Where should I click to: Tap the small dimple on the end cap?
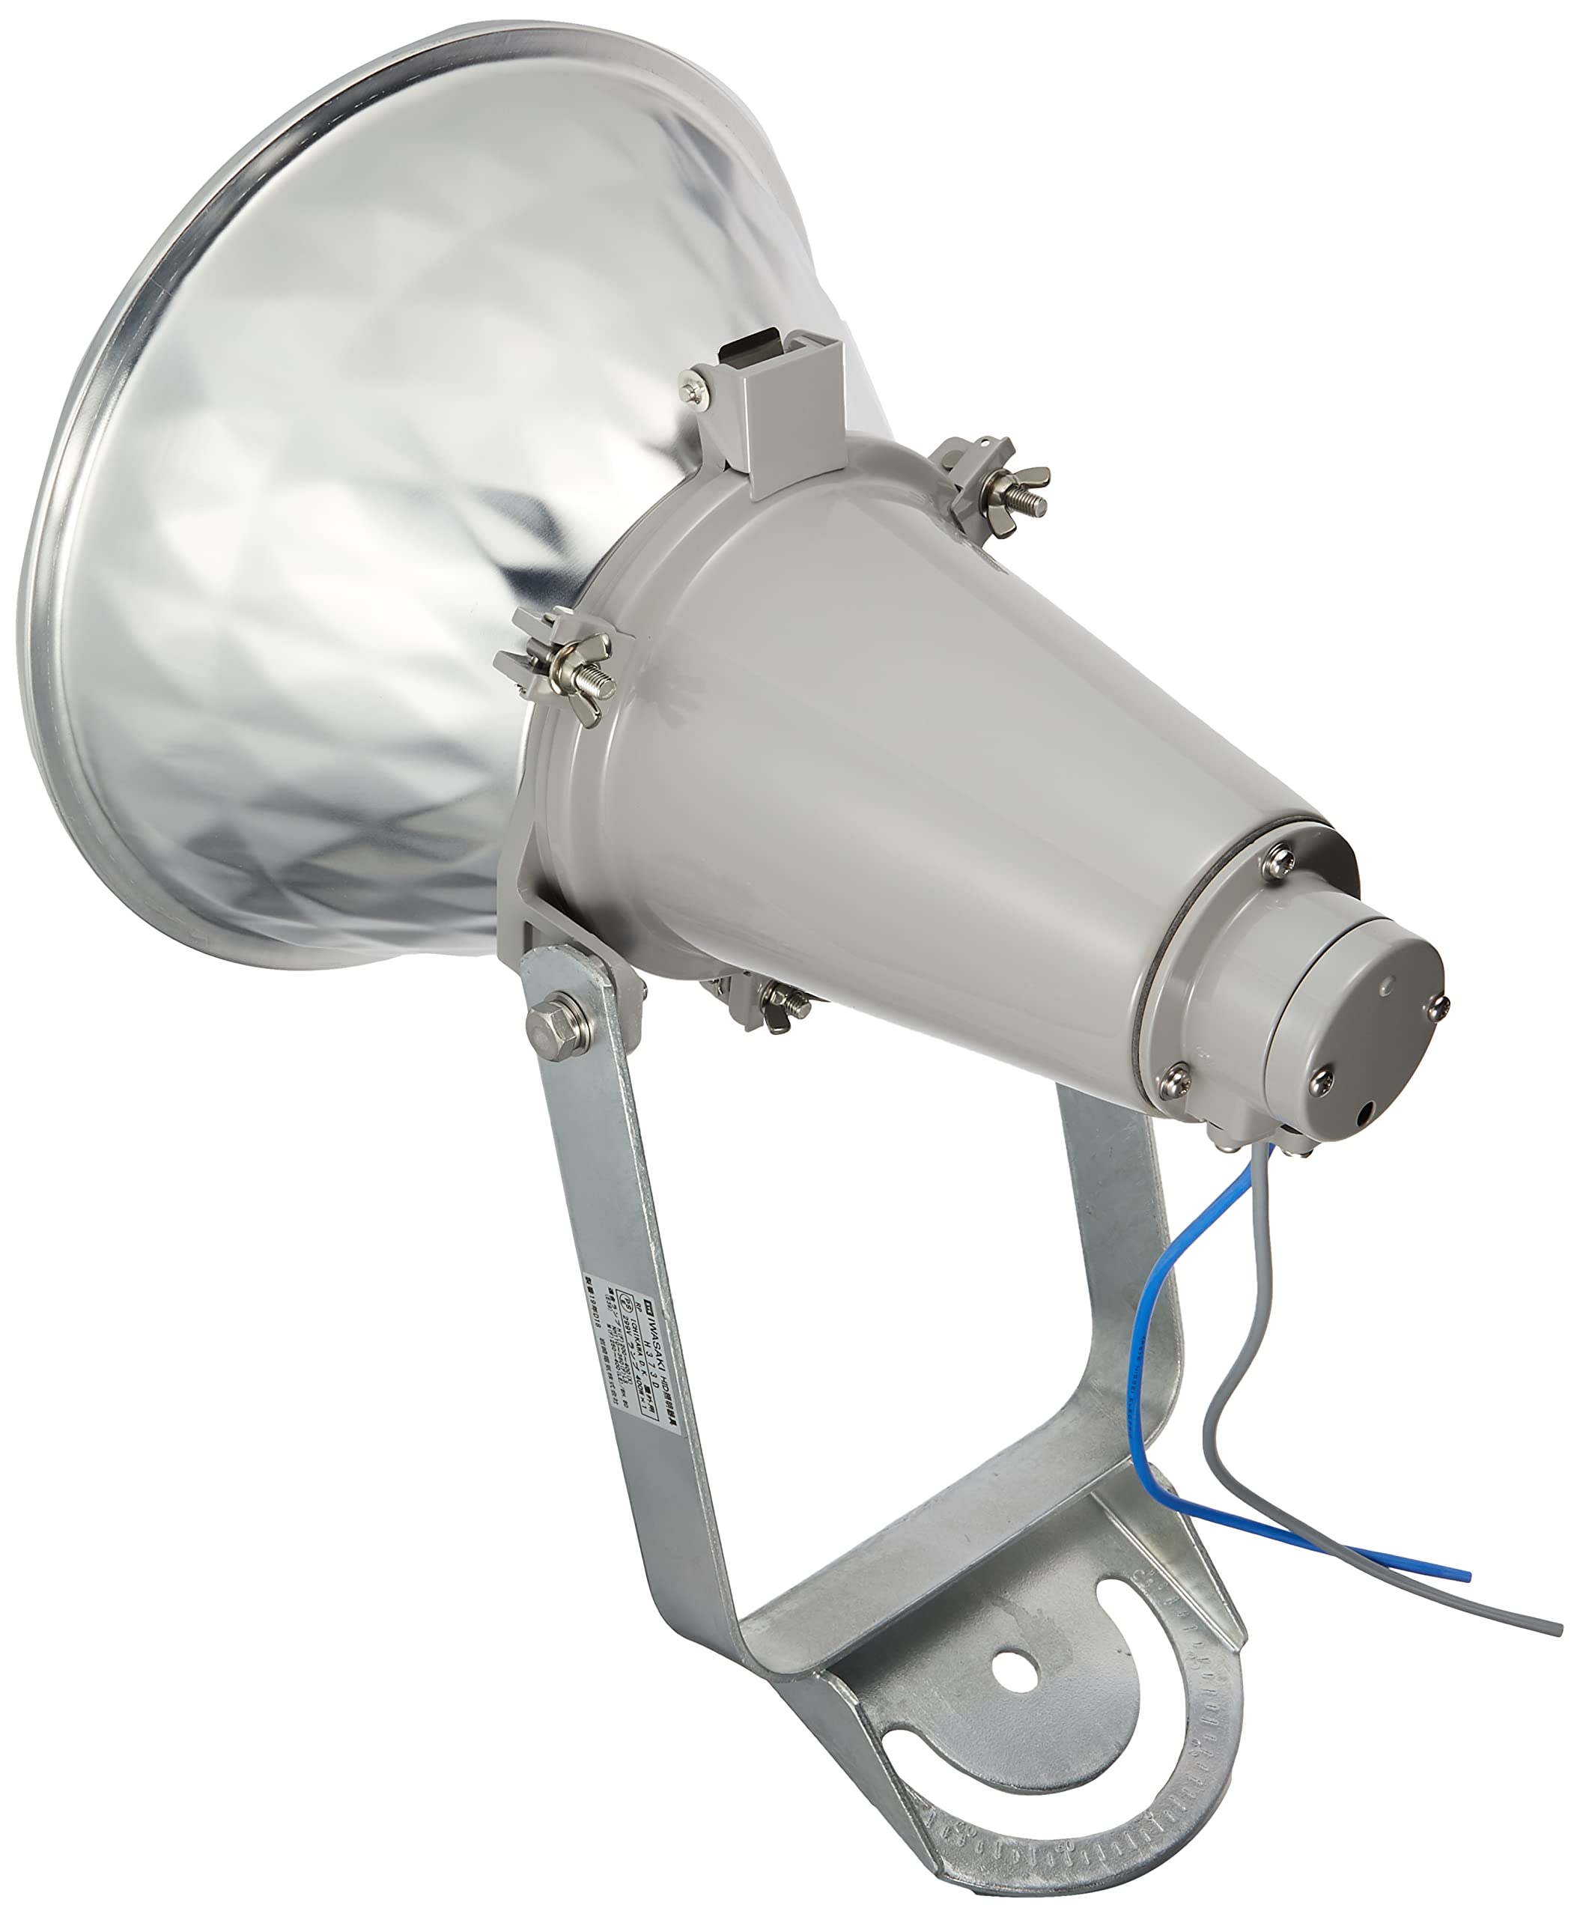click(1386, 984)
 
